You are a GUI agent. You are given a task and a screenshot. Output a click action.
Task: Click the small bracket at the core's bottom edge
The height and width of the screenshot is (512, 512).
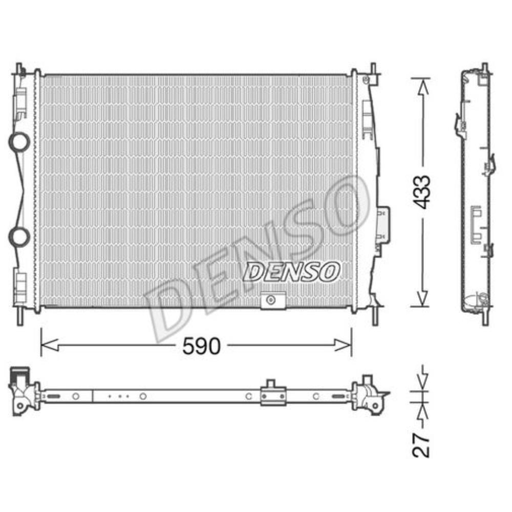pyautogui.click(x=273, y=300)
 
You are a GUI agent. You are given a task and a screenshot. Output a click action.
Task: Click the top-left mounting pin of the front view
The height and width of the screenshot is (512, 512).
pyautogui.click(x=19, y=70)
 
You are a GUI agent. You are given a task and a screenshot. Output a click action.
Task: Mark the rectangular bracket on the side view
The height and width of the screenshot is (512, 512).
pyautogui.click(x=476, y=224)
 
